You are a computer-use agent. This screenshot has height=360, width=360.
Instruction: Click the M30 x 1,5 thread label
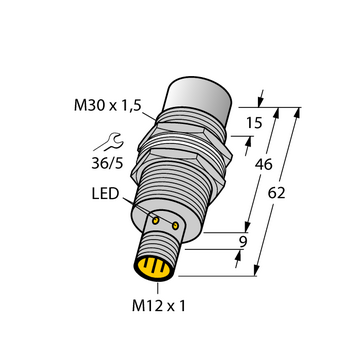point(108,106)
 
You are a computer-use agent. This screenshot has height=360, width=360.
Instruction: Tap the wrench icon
point(109,143)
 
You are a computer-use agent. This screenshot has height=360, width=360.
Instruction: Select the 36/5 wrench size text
point(107,163)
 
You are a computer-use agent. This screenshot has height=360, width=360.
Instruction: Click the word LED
point(105,194)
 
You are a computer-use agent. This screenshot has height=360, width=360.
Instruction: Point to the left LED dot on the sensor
point(155,220)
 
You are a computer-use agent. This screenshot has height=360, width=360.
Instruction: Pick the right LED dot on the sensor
point(175,226)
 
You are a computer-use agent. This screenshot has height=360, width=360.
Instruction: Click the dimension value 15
point(254,123)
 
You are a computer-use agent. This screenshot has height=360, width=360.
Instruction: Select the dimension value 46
point(264,164)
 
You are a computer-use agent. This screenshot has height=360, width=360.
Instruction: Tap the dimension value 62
point(277,193)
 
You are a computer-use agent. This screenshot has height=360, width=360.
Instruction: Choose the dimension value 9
point(243,242)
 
